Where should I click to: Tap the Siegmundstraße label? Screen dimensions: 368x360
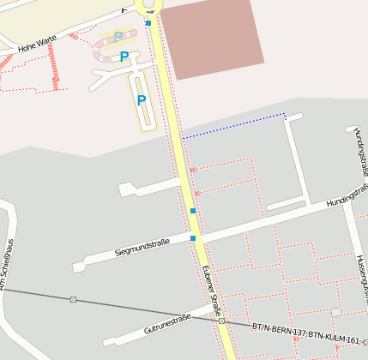point(142,248)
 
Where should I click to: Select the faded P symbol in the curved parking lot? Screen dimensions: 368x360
point(118,38)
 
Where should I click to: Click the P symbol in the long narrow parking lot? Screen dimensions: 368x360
point(142,100)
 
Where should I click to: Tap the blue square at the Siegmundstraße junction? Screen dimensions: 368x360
point(193,238)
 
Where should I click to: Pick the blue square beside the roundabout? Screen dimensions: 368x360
point(148,23)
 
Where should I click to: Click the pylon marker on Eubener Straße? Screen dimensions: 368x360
point(221,320)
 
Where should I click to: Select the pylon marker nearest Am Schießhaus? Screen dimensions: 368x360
point(73,299)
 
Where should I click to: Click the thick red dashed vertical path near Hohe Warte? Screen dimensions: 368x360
point(54,64)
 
